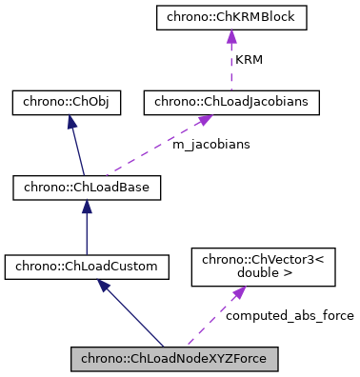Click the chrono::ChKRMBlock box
pos(230,18)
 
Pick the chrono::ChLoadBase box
pos(87,187)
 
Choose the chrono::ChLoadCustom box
pos(87,268)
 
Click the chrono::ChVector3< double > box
pos(264,268)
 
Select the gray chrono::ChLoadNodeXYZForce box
pos(174,359)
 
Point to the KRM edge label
pos(249,59)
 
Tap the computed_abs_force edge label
pos(289,315)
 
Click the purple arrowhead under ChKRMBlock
pos(230,37)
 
